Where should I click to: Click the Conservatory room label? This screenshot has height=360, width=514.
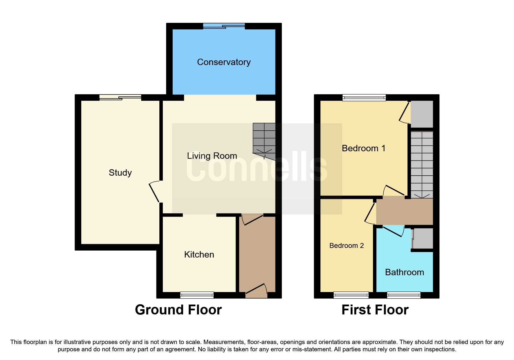pyautogui.click(x=224, y=62)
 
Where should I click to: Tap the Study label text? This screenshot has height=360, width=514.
pyautogui.click(x=120, y=173)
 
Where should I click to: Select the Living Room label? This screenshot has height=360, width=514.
pyautogui.click(x=212, y=156)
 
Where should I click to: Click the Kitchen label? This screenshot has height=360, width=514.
pyautogui.click(x=199, y=255)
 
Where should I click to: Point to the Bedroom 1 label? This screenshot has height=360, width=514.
pyautogui.click(x=363, y=148)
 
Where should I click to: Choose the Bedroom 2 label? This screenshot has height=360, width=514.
pyautogui.click(x=347, y=246)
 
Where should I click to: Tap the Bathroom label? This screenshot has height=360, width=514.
pyautogui.click(x=404, y=272)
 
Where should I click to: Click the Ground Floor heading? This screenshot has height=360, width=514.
pyautogui.click(x=178, y=310)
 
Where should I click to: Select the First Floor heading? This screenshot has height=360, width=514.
pyautogui.click(x=375, y=310)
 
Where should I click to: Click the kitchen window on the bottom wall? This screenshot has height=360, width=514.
pyautogui.click(x=197, y=295)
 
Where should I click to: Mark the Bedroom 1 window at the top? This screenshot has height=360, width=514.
pyautogui.click(x=364, y=98)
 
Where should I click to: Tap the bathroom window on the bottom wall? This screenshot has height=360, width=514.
pyautogui.click(x=404, y=295)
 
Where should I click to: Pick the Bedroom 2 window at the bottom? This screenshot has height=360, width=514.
pyautogui.click(x=351, y=295)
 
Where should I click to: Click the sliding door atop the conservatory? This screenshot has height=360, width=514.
pyautogui.click(x=224, y=26)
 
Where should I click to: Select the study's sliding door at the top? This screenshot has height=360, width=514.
pyautogui.click(x=120, y=98)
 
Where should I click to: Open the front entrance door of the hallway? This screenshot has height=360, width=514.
pyautogui.click(x=256, y=290)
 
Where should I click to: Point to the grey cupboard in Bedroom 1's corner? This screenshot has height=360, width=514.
pyautogui.click(x=422, y=114)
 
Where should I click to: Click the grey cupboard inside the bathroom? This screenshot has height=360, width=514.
pyautogui.click(x=423, y=238)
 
